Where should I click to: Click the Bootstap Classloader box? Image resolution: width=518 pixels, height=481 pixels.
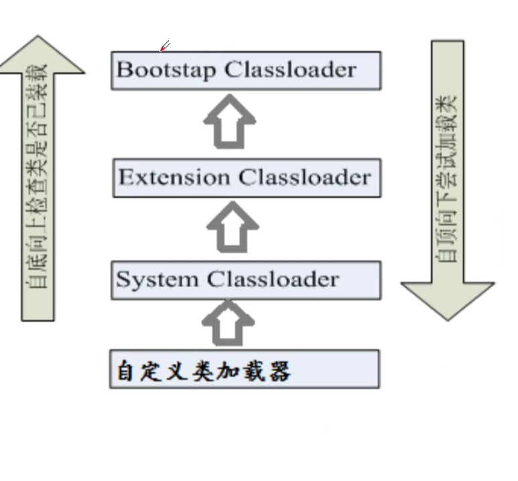(246, 70)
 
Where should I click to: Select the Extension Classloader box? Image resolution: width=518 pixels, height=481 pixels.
(246, 178)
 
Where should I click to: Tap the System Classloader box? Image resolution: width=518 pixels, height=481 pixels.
(246, 280)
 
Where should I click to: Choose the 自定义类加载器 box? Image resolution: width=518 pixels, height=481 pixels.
(245, 369)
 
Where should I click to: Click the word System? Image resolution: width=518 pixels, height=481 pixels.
(159, 280)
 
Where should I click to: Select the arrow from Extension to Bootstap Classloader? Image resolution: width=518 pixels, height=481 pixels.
(230, 122)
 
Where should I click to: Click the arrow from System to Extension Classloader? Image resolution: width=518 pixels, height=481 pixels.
(232, 227)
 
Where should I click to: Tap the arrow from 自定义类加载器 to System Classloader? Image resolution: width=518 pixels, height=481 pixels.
(229, 323)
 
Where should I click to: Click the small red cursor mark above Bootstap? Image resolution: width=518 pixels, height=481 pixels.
(164, 46)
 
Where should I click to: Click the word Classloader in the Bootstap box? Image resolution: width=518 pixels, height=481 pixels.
(290, 70)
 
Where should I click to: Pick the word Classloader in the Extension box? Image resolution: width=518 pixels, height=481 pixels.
(305, 178)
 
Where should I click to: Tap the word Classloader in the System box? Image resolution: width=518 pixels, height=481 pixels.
(273, 280)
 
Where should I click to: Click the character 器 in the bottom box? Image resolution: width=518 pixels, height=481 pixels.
(279, 370)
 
